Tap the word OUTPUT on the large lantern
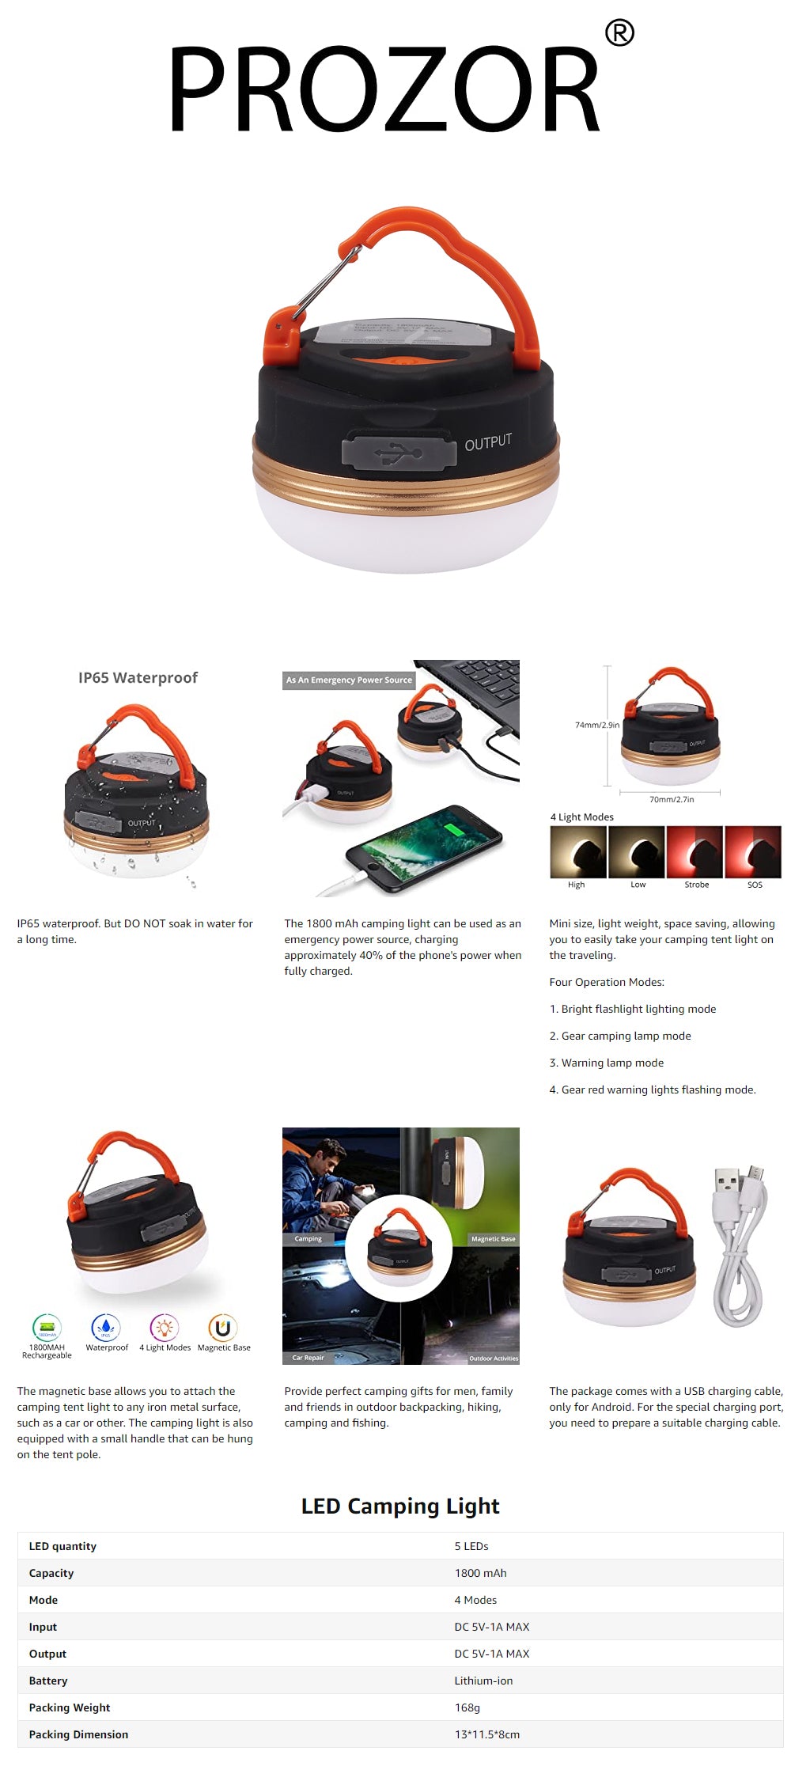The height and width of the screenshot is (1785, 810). [488, 442]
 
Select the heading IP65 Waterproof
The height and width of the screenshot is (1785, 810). [138, 677]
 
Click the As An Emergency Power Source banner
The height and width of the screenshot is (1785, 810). [349, 680]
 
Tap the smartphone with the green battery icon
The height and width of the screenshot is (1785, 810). [423, 848]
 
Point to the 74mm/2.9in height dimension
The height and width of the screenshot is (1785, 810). [596, 725]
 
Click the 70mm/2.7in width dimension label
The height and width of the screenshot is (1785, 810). [672, 799]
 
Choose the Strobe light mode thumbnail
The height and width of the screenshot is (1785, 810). [695, 852]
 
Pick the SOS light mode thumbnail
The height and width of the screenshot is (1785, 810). [753, 852]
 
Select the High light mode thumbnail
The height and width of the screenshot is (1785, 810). [578, 852]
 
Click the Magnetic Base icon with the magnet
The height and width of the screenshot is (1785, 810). [223, 1327]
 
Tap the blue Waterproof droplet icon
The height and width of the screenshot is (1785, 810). [106, 1327]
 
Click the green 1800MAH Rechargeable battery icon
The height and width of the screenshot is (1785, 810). [47, 1327]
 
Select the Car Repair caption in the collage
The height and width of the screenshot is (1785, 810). [308, 1358]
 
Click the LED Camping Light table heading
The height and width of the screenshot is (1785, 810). [400, 1506]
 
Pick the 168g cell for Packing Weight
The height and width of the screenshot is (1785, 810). [467, 1707]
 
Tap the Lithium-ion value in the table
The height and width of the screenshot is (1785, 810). [483, 1681]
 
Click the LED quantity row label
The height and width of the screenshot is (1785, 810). [62, 1546]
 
